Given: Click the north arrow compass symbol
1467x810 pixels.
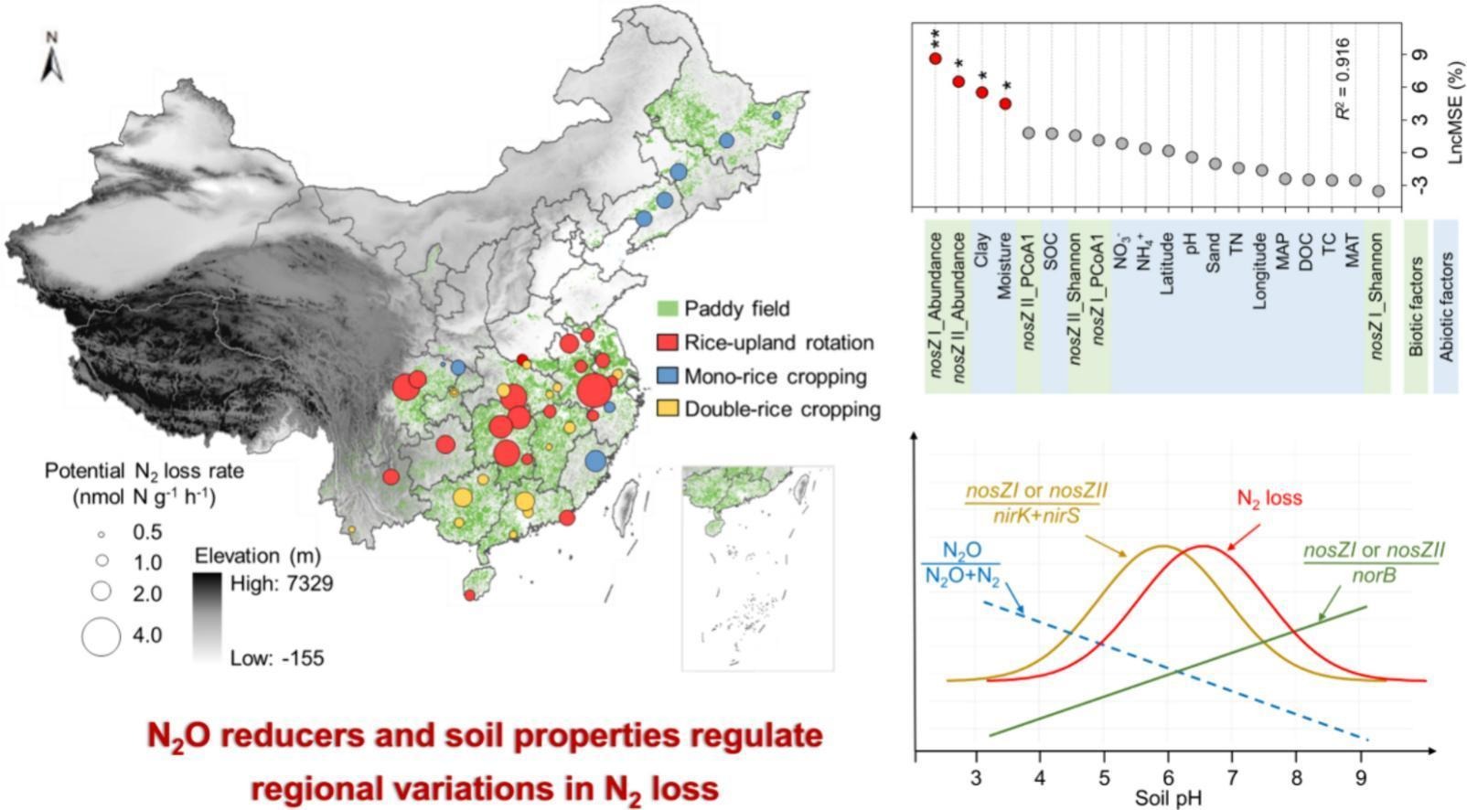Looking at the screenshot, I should [x=52, y=60].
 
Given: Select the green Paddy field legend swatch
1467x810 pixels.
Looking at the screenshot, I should [x=667, y=308].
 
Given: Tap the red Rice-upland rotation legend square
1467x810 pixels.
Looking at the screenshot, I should [x=667, y=342].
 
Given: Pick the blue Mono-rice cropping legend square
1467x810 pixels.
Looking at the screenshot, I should [x=667, y=376].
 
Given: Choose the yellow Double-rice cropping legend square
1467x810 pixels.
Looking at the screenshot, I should [x=667, y=409].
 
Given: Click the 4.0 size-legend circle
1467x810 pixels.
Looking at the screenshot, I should [x=101, y=636].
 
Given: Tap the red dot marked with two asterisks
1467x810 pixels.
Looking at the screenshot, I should [x=935, y=59].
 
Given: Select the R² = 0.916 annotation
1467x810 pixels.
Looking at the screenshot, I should [x=1344, y=79].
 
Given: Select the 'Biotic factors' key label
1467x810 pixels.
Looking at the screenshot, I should [x=1416, y=307].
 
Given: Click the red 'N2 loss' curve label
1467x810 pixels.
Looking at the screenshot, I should [x=1269, y=498].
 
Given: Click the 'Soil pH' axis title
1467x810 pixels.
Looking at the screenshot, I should [x=1168, y=797].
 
